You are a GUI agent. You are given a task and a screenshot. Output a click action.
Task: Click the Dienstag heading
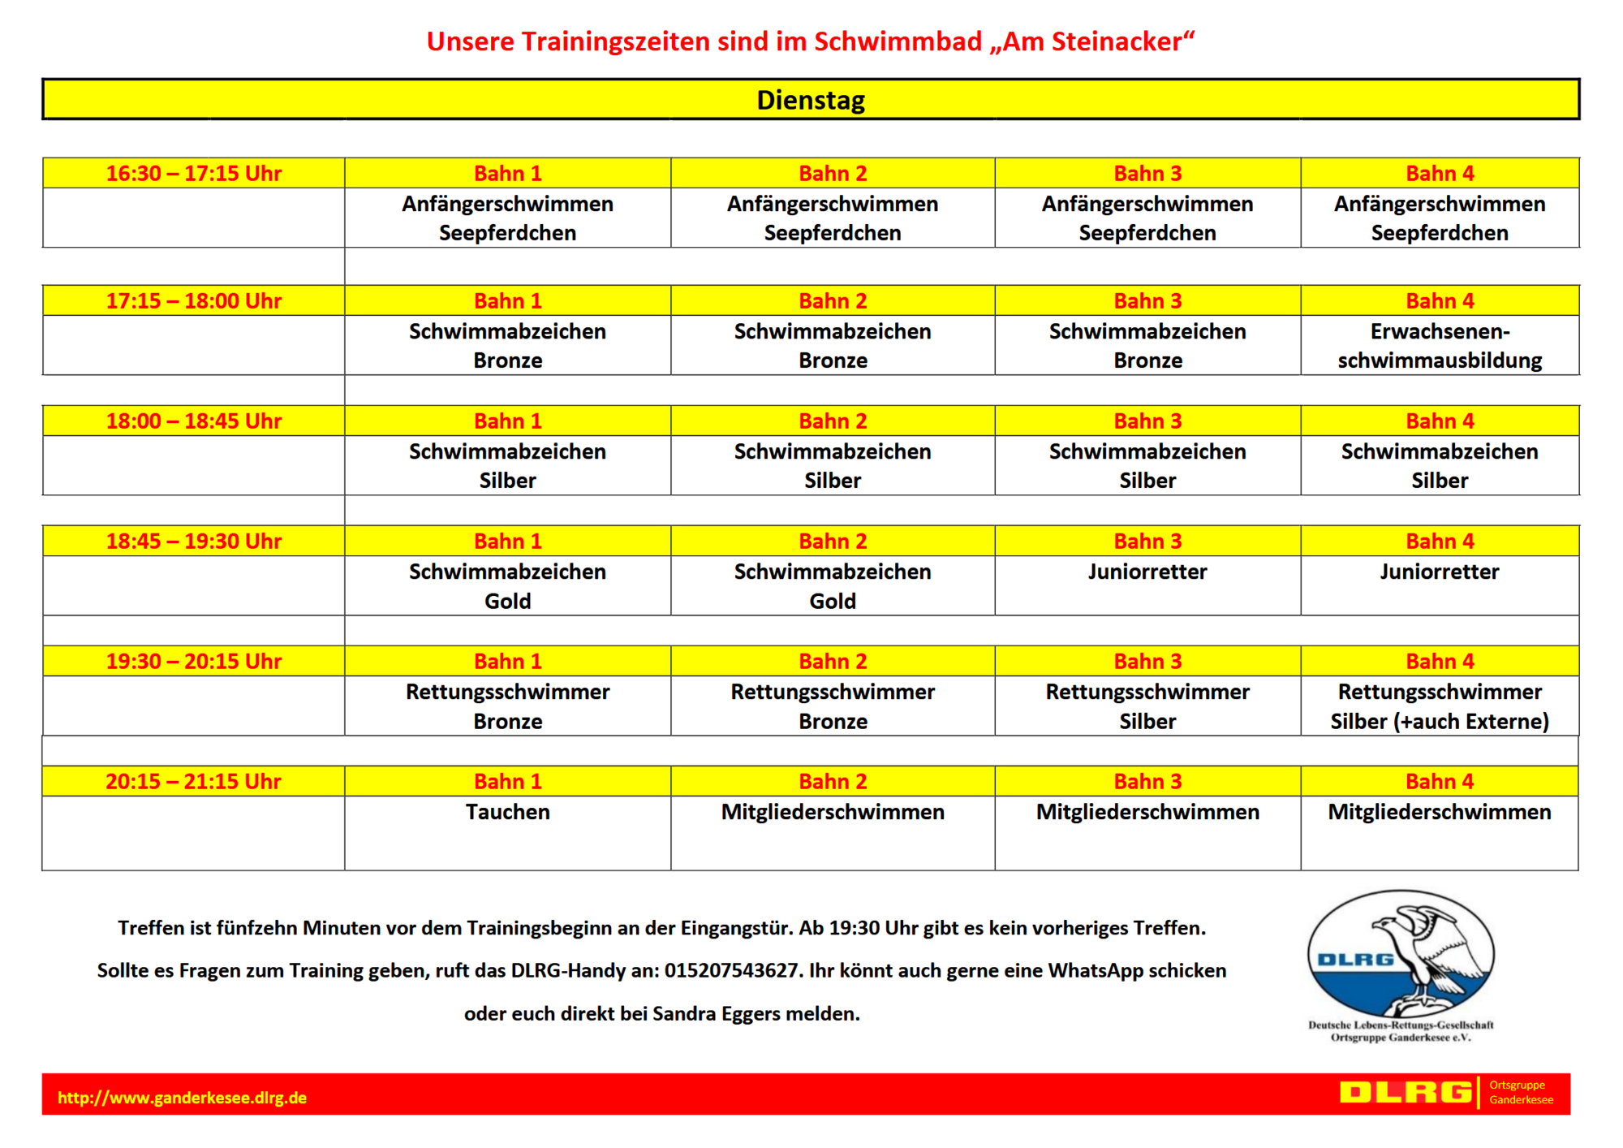(811, 100)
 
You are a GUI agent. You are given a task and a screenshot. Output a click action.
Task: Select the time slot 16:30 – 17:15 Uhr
(193, 173)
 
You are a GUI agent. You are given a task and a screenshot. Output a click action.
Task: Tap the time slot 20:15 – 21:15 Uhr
(193, 781)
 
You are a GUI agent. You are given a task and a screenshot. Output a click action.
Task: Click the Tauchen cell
(507, 812)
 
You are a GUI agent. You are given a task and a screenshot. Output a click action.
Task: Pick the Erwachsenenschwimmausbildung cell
(1440, 346)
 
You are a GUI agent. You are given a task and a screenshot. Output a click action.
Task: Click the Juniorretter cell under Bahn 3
(1147, 572)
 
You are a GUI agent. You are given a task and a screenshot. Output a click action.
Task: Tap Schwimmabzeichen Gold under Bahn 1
(507, 586)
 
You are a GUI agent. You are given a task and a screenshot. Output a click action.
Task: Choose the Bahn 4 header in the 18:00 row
(1440, 421)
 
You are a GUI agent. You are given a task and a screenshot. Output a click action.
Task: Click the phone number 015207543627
(730, 970)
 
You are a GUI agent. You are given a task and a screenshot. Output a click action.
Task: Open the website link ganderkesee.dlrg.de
(182, 1098)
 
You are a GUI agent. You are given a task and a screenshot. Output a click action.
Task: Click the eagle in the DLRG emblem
(1428, 950)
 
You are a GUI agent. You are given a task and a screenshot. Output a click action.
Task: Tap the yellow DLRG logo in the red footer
(1406, 1093)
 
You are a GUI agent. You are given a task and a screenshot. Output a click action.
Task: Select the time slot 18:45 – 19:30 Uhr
(193, 541)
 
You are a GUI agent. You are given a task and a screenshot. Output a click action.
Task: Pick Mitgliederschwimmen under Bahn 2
(833, 812)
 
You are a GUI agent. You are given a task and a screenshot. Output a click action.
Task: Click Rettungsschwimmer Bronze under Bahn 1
(507, 706)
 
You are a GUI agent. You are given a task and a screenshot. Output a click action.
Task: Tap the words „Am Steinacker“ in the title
(1092, 41)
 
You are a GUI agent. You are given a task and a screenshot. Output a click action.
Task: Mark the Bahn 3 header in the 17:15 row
(1147, 300)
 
